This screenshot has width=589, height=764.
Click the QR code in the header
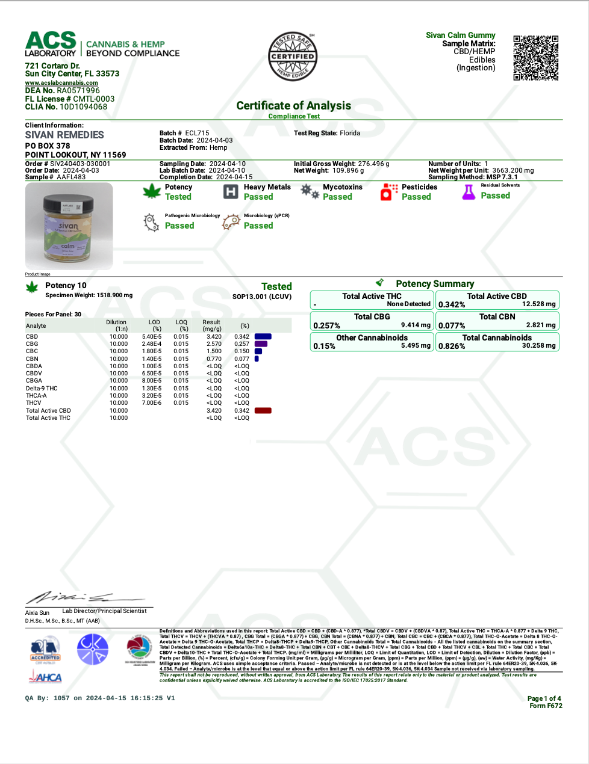coord(535,58)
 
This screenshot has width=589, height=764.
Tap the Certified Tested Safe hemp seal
coord(293,57)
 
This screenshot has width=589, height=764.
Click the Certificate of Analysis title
coord(293,106)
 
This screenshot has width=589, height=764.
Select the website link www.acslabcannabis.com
coord(61,83)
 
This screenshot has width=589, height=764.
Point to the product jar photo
coord(69,226)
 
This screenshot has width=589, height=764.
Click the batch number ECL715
coord(197,133)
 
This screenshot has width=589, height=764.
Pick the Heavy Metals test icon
coord(231,192)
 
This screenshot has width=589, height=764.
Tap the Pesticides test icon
coord(389,192)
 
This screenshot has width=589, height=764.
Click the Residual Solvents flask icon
coord(469,192)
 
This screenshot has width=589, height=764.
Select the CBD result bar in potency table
coord(263,337)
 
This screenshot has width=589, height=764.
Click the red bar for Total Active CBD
coord(263,411)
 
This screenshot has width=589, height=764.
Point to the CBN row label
coord(33,359)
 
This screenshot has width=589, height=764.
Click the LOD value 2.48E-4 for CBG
coord(152,344)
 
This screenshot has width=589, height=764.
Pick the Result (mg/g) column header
coord(211,325)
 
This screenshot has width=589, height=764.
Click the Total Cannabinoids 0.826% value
coord(452,346)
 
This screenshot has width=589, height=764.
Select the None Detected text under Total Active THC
coord(408,304)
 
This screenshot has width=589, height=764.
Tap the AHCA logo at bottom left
coord(46,677)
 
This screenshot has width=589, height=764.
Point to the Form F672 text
coord(546,706)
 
